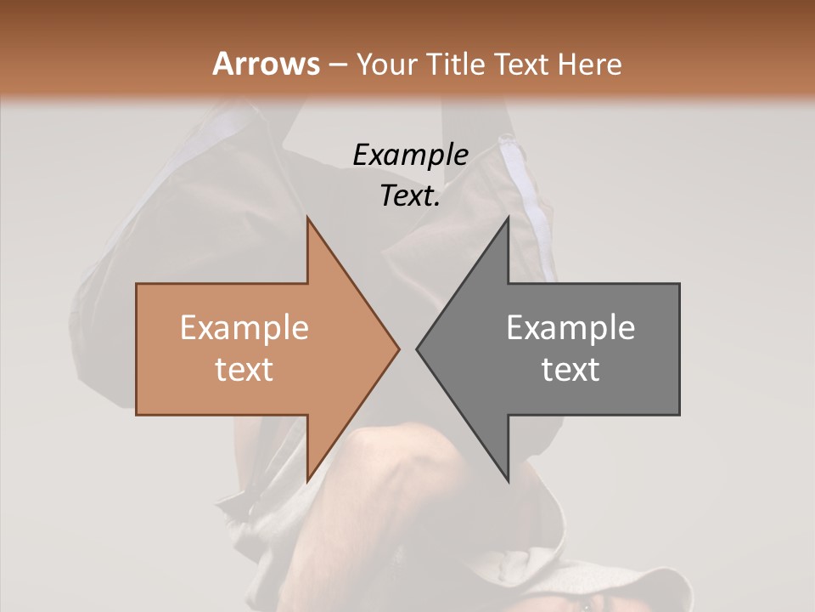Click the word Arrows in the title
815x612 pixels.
(x=266, y=64)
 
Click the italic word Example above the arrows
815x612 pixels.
(x=410, y=155)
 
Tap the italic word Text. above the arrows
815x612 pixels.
(x=410, y=196)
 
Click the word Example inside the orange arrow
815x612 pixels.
(x=244, y=328)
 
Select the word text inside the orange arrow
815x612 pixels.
(x=244, y=369)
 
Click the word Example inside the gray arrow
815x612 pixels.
(x=570, y=328)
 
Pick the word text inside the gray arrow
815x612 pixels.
(x=570, y=369)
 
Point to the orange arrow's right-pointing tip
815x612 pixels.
(x=398, y=348)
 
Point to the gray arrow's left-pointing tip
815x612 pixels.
(x=418, y=348)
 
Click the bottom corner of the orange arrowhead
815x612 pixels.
(x=308, y=479)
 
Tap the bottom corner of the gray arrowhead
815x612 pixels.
(x=508, y=479)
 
